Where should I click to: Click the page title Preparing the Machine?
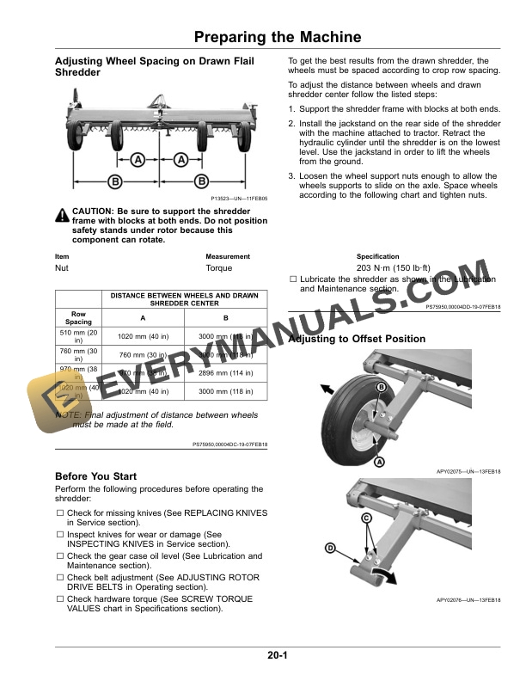click(277, 37)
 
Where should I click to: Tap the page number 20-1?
click(277, 657)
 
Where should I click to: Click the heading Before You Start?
click(95, 476)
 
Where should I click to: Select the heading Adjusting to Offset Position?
click(357, 339)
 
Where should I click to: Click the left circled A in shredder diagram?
click(138, 160)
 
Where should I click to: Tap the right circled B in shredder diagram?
click(200, 181)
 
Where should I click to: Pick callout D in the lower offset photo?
click(330, 548)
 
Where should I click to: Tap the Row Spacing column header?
click(79, 317)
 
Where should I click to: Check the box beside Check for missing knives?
click(60, 513)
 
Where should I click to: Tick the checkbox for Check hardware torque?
click(60, 598)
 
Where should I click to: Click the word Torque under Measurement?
click(219, 268)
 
